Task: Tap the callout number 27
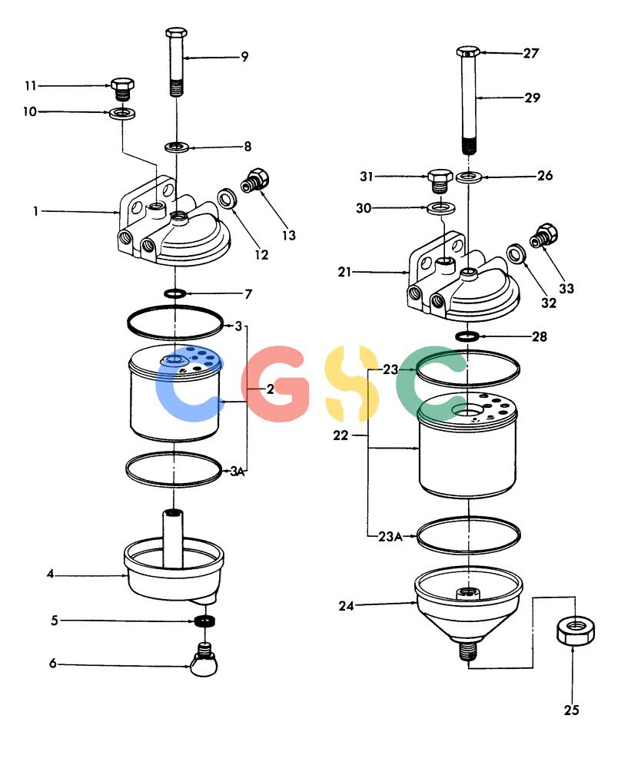pos(531,53)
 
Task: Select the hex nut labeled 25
pos(576,631)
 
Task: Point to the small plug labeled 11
pos(122,88)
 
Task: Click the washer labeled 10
pos(122,114)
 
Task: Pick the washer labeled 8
pos(178,146)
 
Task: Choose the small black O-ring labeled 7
pos(174,293)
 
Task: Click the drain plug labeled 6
pos(204,659)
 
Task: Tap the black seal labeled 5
pos(204,621)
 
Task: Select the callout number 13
pos(289,235)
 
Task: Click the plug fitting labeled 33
pos(543,236)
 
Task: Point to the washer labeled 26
pos(469,177)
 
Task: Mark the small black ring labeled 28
pos(467,336)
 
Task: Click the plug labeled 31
pos(440,180)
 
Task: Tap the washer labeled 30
pos(441,207)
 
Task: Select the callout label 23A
pos(390,537)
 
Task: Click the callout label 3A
pos(237,472)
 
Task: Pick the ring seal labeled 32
pos(516,253)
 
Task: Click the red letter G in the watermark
pos(275,384)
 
